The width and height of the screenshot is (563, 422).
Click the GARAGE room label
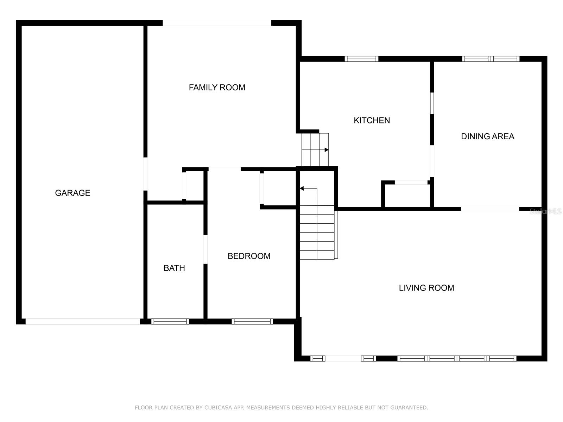tap(72, 193)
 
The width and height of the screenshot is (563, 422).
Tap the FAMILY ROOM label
tap(217, 88)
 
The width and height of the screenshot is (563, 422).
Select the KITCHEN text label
tap(372, 120)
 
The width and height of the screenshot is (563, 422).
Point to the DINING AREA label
tap(487, 136)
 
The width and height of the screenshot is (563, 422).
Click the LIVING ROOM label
tap(426, 288)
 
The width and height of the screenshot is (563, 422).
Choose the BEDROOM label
tap(249, 256)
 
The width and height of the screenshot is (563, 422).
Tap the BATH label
tap(174, 268)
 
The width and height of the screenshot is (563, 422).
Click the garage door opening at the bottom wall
tap(83, 321)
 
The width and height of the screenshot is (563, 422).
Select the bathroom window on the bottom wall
tap(170, 321)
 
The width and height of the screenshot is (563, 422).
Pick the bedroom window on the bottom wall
tap(252, 321)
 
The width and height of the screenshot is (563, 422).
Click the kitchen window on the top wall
tap(361, 59)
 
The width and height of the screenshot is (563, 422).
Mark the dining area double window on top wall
tap(491, 59)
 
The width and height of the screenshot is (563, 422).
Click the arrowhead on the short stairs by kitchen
tap(327, 150)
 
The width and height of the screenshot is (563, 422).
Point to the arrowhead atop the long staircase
tap(302, 188)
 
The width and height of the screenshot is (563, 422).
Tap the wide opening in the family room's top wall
tap(217, 23)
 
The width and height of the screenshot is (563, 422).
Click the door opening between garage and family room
tap(145, 174)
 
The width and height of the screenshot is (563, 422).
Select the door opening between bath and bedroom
tap(205, 249)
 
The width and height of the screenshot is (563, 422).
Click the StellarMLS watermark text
tap(545, 211)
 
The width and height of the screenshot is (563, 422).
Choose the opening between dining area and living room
tap(490, 209)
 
